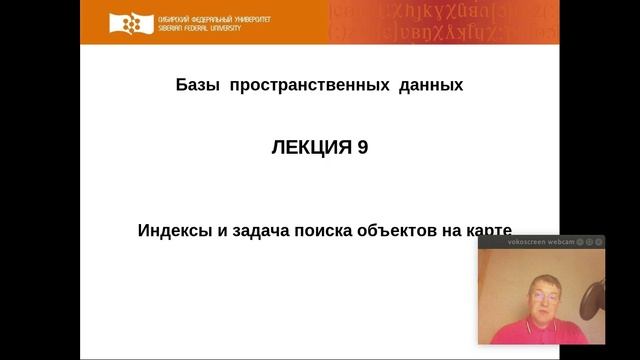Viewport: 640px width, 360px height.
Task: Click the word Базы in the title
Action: [x=196, y=86]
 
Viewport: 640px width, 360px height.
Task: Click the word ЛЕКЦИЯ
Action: [x=310, y=147]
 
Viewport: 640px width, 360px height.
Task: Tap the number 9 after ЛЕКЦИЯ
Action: [x=362, y=147]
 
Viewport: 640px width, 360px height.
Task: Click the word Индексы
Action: [x=171, y=229]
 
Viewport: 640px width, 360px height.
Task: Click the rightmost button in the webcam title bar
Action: [x=599, y=241]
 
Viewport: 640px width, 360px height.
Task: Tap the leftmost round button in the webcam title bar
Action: [x=581, y=241]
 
